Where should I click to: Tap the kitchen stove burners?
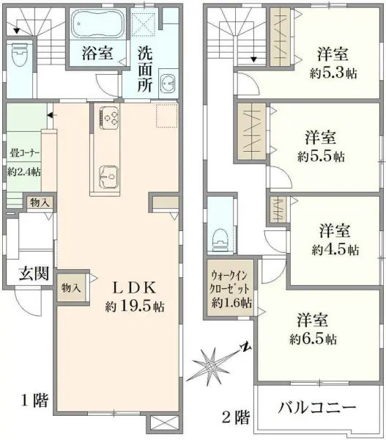[x=110, y=117]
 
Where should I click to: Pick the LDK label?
[x=133, y=286]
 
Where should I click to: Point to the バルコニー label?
[x=318, y=407]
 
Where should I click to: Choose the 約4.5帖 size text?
[x=335, y=249]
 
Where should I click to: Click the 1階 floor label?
[x=34, y=400]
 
